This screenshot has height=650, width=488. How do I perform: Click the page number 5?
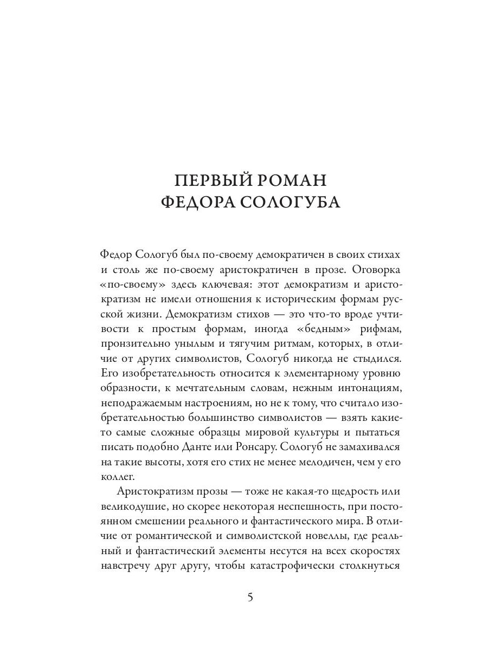pos(250,597)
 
